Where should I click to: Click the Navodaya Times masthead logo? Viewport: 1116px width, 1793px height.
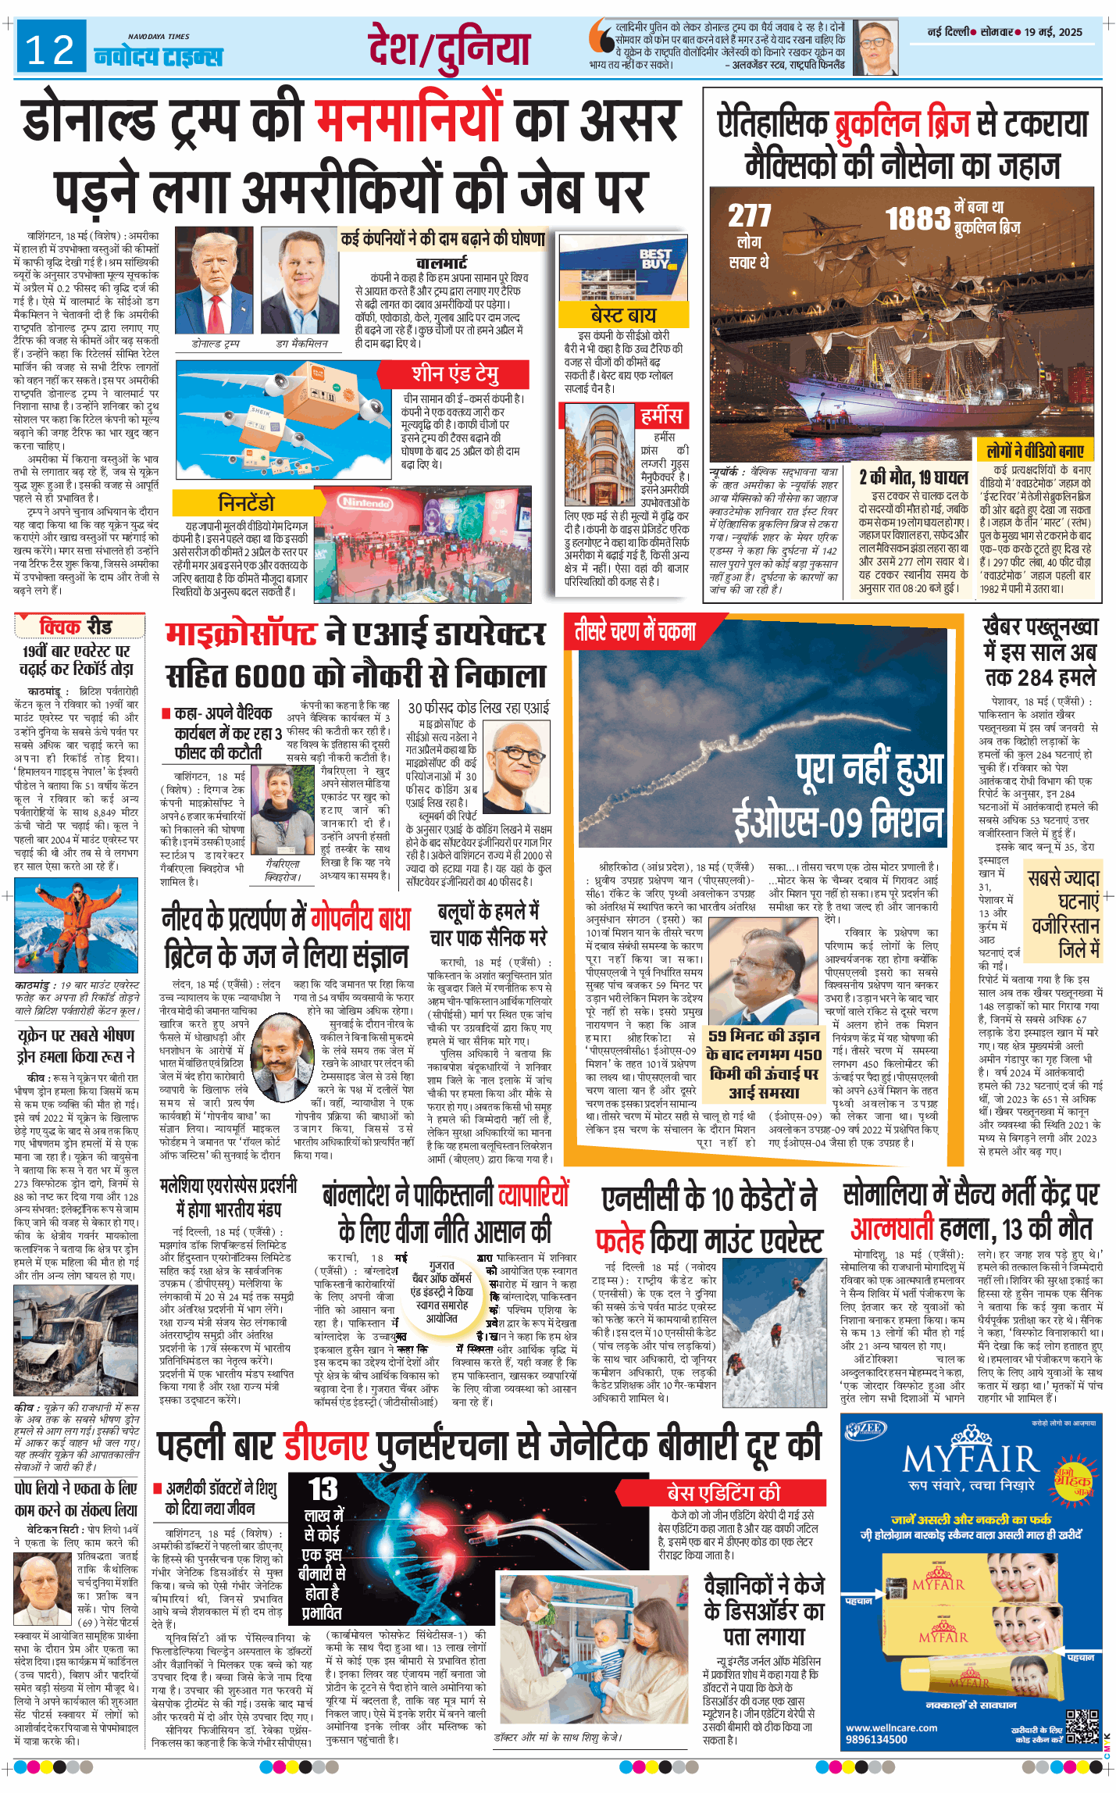(159, 55)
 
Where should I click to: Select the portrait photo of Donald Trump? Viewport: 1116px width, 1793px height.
(215, 281)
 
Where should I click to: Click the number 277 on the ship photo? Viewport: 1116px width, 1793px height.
(749, 216)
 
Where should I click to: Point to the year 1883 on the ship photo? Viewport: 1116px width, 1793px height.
(917, 220)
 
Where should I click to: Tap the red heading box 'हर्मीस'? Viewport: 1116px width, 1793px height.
(661, 416)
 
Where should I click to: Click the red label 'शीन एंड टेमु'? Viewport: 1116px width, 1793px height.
(455, 373)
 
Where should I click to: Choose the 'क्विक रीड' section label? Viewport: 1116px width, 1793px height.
(76, 627)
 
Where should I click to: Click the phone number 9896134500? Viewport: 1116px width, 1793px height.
(876, 1739)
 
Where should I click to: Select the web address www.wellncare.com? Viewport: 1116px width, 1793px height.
(891, 1727)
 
